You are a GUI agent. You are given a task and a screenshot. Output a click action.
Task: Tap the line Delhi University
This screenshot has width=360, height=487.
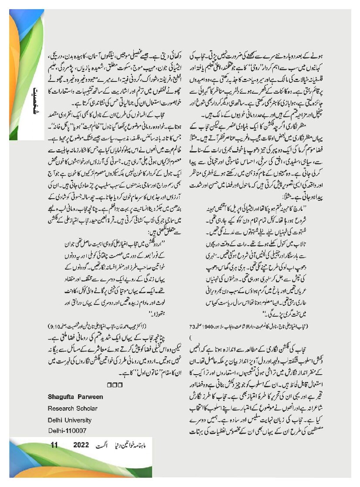pyautogui.click(x=70, y=420)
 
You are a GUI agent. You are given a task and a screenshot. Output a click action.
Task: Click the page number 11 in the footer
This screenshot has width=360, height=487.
pyautogui.click(x=54, y=445)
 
